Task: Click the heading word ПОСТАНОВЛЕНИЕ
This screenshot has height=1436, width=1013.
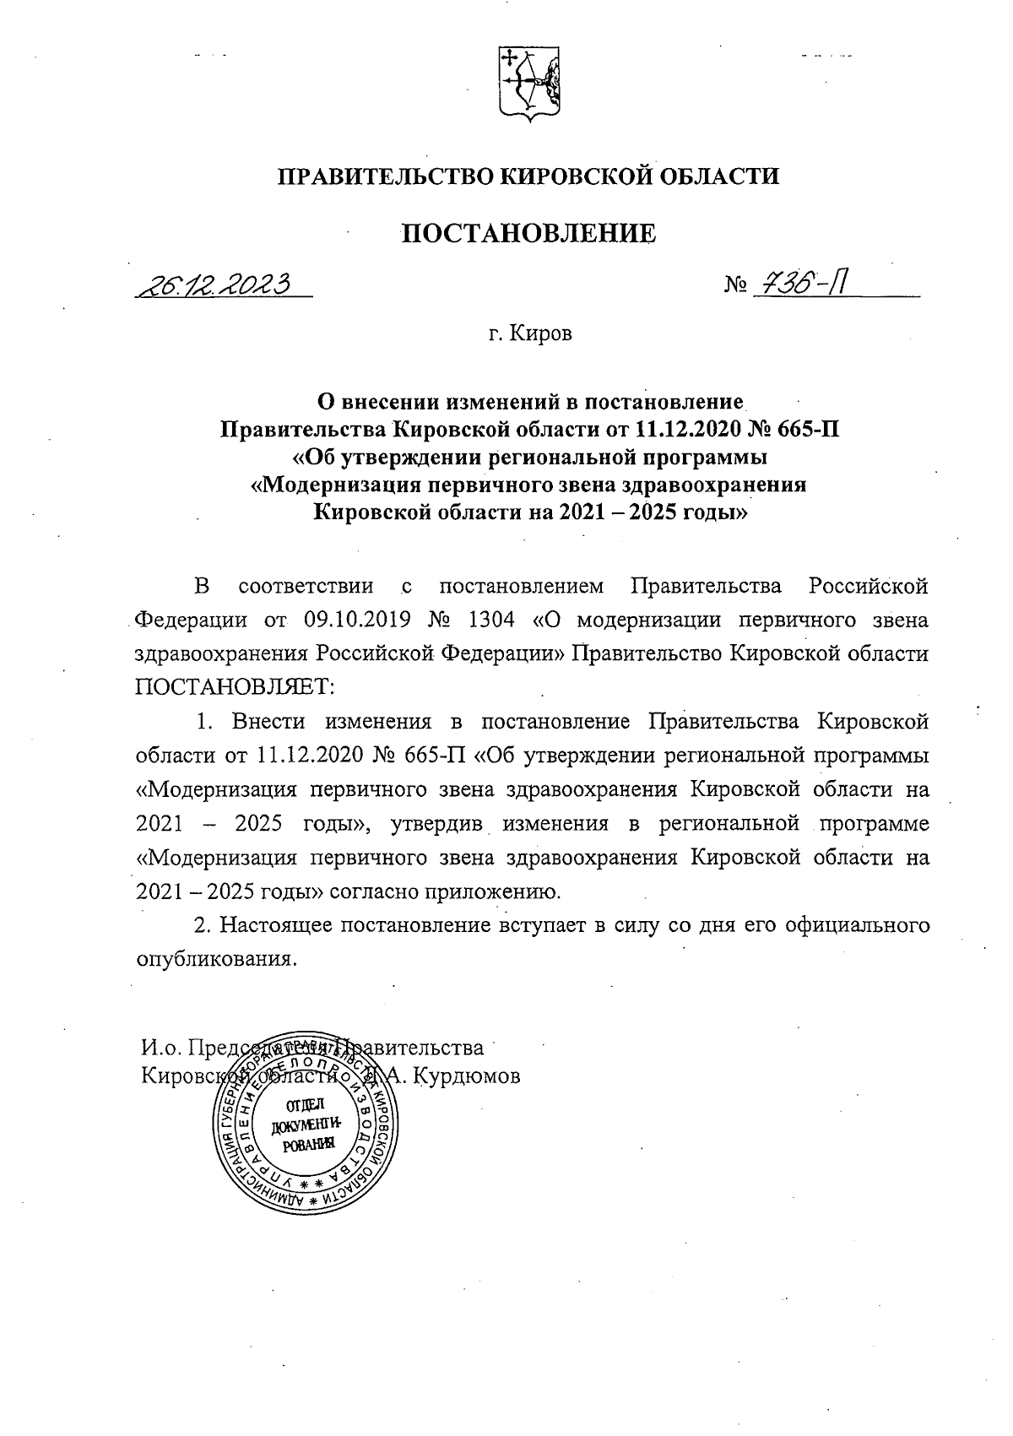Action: [x=528, y=233]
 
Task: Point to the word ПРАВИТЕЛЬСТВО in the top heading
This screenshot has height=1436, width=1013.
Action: [x=385, y=176]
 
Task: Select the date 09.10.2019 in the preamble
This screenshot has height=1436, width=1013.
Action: [x=357, y=620]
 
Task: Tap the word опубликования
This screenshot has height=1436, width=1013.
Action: [x=217, y=959]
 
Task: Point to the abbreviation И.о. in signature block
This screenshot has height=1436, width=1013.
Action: [x=160, y=1048]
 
